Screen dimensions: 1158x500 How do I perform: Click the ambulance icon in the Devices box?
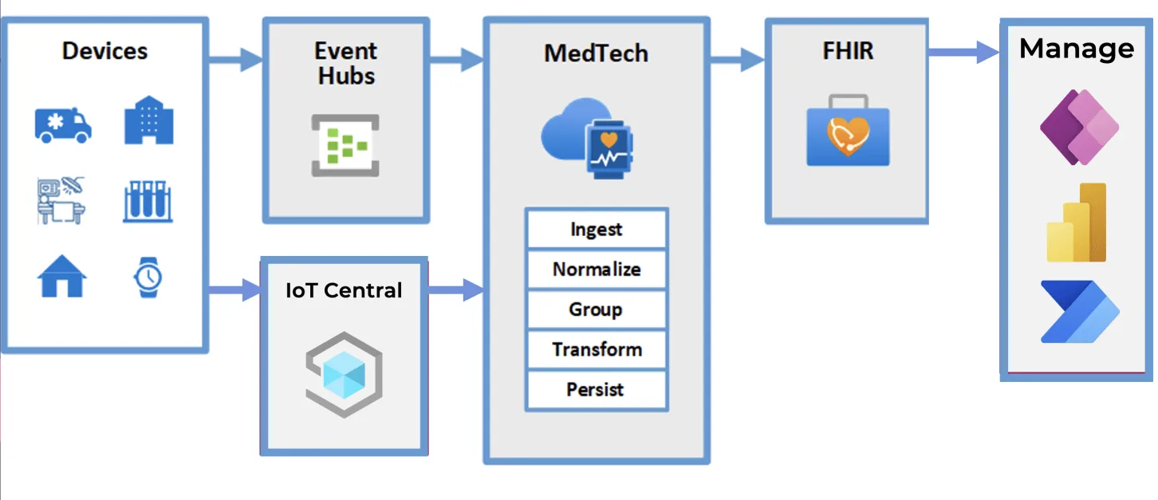(63, 125)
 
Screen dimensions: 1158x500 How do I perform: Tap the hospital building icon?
(149, 120)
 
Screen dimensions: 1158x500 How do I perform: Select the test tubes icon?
(148, 201)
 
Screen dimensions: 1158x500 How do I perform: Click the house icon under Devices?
(62, 276)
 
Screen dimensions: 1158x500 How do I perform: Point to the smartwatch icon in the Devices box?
(148, 278)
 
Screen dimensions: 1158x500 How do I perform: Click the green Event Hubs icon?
(345, 145)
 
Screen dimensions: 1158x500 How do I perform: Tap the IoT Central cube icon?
(345, 375)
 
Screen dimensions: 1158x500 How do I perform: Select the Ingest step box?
(597, 229)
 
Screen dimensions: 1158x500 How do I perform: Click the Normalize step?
(597, 270)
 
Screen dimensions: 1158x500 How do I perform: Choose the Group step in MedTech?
(597, 309)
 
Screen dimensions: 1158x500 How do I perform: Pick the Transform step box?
(597, 349)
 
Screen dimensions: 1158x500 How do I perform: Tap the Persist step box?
(597, 389)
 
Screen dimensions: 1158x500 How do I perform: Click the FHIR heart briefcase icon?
(848, 130)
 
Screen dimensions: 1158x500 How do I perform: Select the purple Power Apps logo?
(1079, 128)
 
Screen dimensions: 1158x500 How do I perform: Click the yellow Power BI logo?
(1077, 222)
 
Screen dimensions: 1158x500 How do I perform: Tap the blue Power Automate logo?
(1080, 312)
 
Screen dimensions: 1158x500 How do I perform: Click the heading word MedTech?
(596, 53)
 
